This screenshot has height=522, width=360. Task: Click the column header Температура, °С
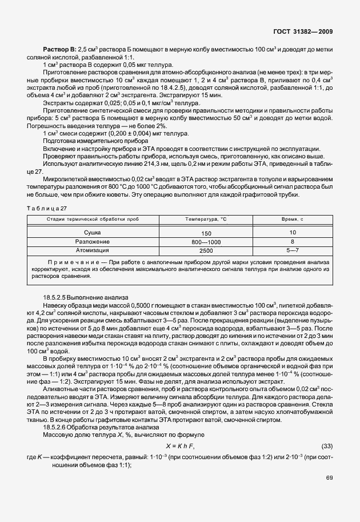coord(206,219)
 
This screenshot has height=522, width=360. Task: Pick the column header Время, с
coord(292,219)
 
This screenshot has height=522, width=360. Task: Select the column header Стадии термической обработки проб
coord(93,219)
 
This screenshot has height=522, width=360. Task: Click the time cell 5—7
coord(292,250)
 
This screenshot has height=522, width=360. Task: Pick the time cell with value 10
coord(292,233)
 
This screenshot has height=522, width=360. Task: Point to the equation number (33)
coord(327,445)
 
